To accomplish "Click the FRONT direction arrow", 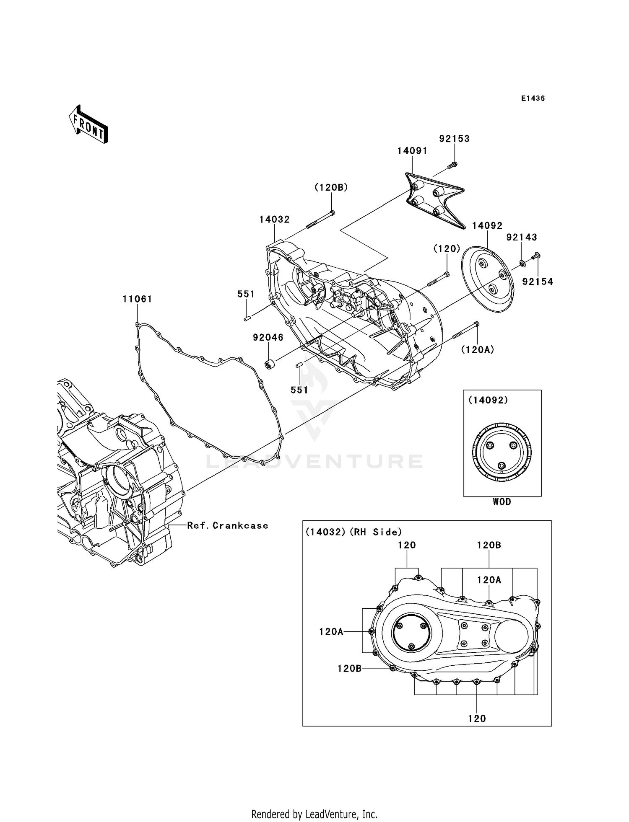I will tap(88, 124).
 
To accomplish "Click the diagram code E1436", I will tap(533, 98).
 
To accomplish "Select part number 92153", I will tap(454, 139).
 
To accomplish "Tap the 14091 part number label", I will tap(412, 151).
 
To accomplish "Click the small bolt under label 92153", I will tap(452, 165).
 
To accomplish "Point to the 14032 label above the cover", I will tap(274, 220).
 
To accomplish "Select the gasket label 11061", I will tap(137, 299).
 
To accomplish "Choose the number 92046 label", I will tap(268, 337).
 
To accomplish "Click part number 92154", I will tap(538, 282).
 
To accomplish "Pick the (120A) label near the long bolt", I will tap(478, 349).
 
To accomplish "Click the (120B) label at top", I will tap(331, 188).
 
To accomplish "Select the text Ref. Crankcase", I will tap(227, 525).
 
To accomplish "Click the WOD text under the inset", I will tap(502, 502).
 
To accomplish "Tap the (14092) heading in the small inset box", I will tap(488, 400).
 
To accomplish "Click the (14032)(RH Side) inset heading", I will tap(353, 532).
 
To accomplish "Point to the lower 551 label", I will tap(299, 390).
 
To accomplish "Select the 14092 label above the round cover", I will tap(487, 226).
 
